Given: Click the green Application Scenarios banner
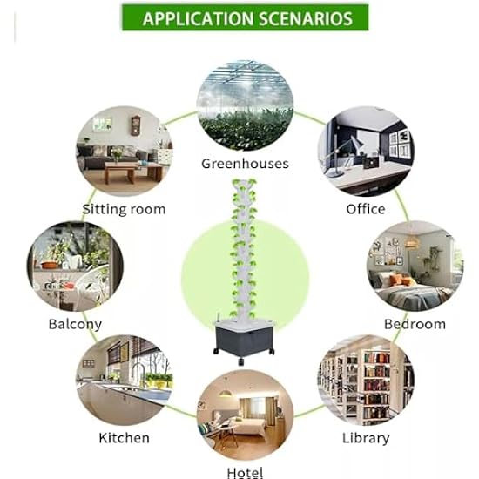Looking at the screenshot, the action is tap(246, 17).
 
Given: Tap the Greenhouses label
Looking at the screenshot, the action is tap(245, 164).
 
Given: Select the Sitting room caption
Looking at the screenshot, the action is tap(124, 210).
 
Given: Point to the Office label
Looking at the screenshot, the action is tap(366, 209).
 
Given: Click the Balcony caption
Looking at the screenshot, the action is tap(75, 325).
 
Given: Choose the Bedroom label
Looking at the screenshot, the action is tap(415, 324).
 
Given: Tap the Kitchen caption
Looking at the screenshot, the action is tap(124, 438).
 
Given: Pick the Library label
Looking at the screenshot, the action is tap(366, 438).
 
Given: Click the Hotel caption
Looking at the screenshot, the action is tap(245, 472).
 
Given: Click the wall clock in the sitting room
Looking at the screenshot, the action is tap(135, 125).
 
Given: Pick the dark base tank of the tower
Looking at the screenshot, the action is tap(244, 338).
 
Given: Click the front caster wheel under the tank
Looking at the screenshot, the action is tap(241, 361).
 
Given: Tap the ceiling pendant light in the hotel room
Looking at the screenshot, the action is tap(226, 393).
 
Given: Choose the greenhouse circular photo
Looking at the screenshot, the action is tap(245, 105).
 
